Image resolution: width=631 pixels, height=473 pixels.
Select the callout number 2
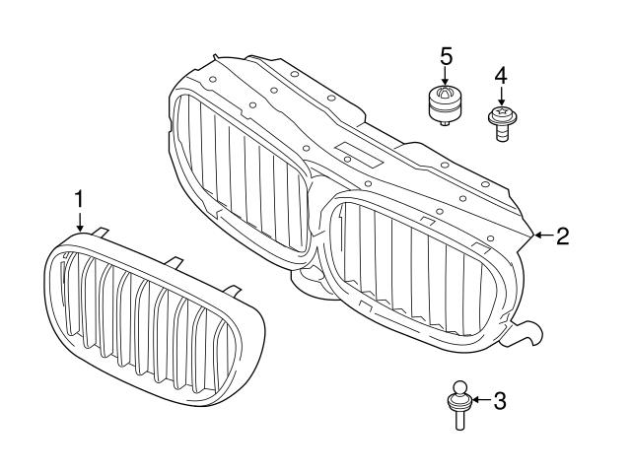(x=562, y=236)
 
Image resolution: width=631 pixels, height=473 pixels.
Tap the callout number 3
(x=499, y=400)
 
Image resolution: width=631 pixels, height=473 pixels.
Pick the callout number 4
(x=501, y=75)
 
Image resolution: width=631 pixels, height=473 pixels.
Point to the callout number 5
(x=446, y=55)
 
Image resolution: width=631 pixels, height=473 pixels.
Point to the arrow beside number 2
(x=541, y=236)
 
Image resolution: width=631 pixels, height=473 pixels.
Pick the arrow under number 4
(x=501, y=97)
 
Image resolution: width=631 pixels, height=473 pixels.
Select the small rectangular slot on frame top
(x=356, y=154)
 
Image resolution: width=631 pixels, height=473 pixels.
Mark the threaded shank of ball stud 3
(x=459, y=418)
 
